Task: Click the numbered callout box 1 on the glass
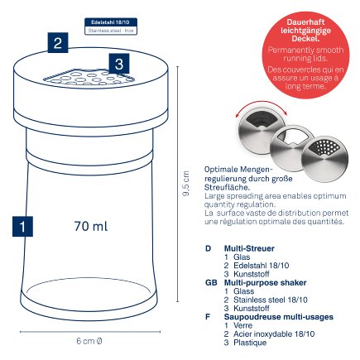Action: (25, 225)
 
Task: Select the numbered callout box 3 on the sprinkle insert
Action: (119, 64)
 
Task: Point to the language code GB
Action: (209, 281)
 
